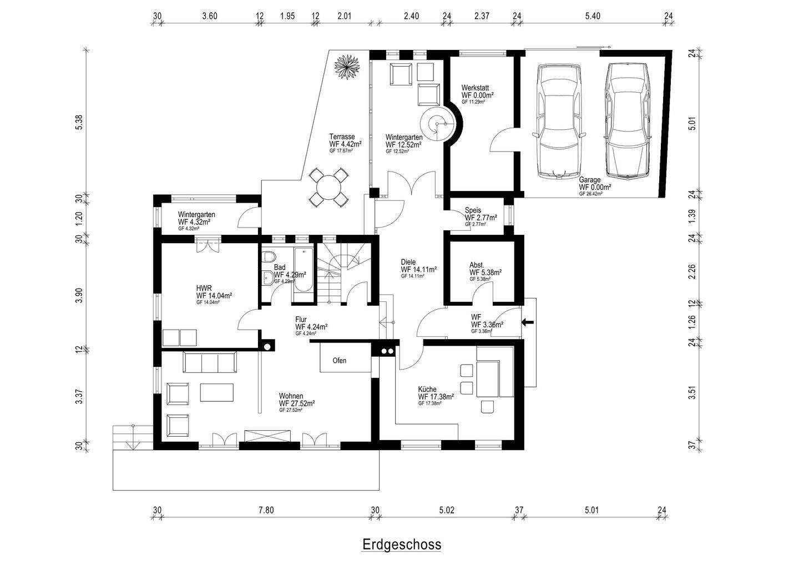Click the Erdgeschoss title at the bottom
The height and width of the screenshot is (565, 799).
[402, 544]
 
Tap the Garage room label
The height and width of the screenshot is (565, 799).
[590, 180]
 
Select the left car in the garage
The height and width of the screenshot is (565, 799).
[557, 121]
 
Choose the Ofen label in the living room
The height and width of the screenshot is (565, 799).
[339, 361]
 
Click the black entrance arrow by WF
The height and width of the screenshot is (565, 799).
[527, 322]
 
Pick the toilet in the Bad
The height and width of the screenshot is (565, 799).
[269, 258]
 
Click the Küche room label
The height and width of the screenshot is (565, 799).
[427, 390]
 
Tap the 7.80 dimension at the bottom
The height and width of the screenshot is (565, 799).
[266, 511]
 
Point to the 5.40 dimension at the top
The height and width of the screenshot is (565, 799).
[593, 16]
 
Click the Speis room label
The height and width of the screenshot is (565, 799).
[473, 210]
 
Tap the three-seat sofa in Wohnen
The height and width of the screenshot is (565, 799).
[209, 363]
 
